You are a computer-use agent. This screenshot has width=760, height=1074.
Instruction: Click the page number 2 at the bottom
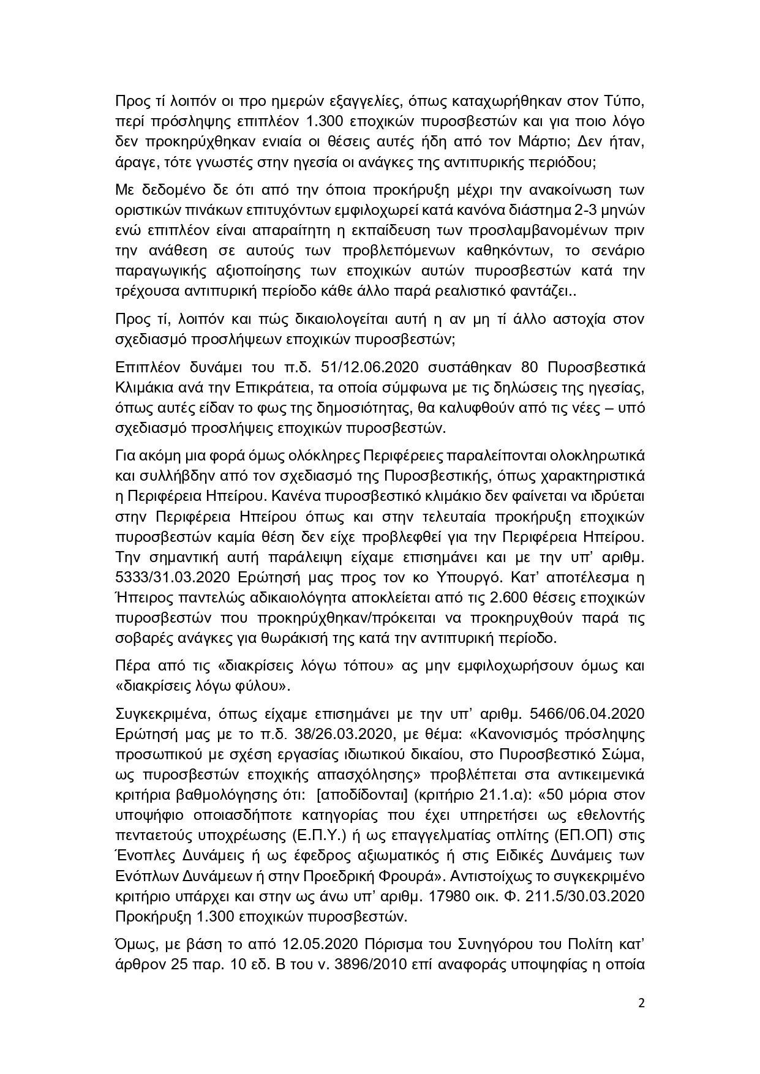641,1020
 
